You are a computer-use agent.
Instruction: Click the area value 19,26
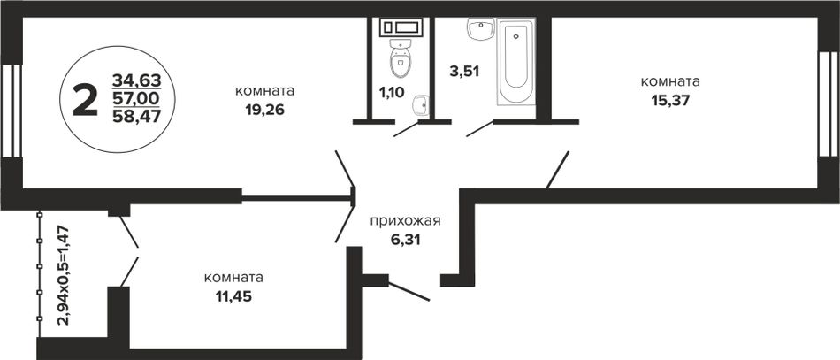coord(263,110)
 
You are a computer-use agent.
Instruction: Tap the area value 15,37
coord(670,100)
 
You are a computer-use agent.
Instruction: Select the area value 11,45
coord(233,296)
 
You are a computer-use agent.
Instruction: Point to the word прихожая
coord(405,221)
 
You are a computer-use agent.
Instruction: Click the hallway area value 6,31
coord(405,239)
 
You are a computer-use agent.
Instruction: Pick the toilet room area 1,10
coord(392,93)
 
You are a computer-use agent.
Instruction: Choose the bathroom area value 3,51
coord(464,72)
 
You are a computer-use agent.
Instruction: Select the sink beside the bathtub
coord(480,29)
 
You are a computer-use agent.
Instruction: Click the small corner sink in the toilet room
coord(422,105)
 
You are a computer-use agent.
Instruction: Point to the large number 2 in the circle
coord(86,100)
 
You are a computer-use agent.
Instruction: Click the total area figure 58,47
coord(136,116)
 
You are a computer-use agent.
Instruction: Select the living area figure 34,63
coord(136,80)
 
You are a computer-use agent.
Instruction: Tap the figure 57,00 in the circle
coord(136,98)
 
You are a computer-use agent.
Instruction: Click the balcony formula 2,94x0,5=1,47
coord(64,275)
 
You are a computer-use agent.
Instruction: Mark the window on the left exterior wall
coord(11,111)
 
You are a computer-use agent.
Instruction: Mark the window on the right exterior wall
coord(829,103)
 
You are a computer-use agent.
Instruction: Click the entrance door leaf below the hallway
coord(409,291)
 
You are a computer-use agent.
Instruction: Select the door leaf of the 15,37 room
coord(558,170)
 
